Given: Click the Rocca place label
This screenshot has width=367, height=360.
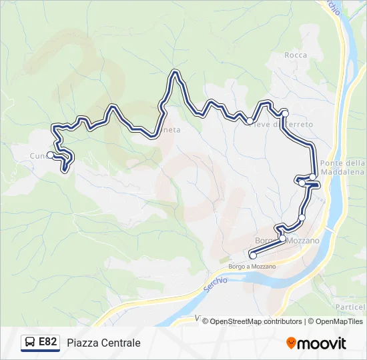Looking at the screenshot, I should tap(296, 55).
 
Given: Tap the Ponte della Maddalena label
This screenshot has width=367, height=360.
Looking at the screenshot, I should tap(342, 168).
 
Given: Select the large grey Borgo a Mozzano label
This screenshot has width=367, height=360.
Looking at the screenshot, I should tap(288, 240).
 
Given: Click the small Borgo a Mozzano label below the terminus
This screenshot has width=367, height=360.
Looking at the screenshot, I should tap(252, 266).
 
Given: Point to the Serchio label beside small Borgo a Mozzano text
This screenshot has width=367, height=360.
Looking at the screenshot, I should tap(215, 283).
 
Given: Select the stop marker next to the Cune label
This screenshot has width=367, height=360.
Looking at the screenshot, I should tap(51, 155).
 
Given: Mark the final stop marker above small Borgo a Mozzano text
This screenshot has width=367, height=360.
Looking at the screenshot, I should tap(252, 255).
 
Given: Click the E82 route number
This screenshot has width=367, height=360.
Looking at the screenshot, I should tap(47, 342).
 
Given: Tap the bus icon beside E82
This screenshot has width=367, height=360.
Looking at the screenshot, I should tap(30, 343).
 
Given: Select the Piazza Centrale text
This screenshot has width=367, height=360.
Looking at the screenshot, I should tap(103, 343).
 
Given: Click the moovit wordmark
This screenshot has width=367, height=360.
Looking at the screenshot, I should tap(322, 343).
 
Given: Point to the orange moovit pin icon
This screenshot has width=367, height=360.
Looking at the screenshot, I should tap(291, 343).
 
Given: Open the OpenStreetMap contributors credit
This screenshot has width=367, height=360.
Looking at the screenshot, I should tap(257, 321).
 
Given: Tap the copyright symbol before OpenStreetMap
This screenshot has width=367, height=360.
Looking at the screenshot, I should tap(206, 321).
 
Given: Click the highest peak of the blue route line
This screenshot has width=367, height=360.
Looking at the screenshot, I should tap(175, 72).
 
